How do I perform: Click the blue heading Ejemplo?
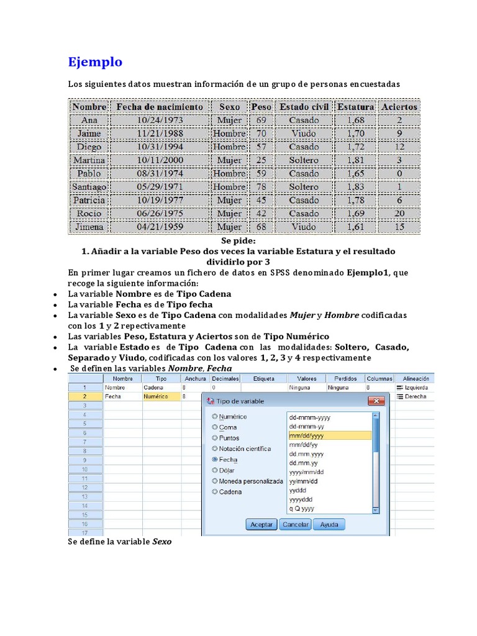95,62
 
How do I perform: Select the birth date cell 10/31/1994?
160,147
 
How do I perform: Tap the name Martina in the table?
89,160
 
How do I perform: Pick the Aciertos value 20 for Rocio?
399,214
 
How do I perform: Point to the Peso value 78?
261,187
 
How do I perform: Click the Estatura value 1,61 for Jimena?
356,227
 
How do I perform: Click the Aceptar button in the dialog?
261,524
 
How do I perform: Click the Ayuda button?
329,524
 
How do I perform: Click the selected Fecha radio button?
215,460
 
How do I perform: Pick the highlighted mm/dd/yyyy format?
329,436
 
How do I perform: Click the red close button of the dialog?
375,402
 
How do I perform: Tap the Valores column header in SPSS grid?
307,378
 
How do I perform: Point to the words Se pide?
238,240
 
